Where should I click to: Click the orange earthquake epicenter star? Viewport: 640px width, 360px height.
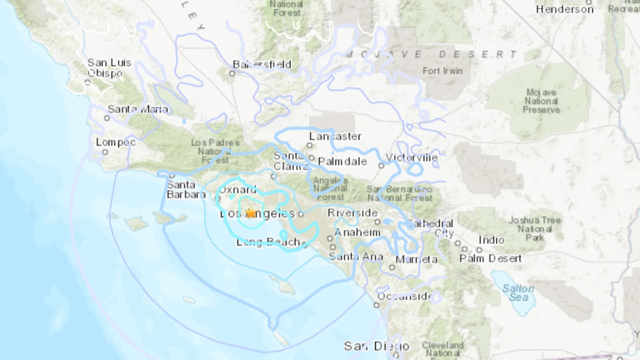[250, 213]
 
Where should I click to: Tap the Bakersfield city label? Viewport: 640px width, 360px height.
[262, 64]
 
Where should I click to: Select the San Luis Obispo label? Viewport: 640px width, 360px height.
[109, 68]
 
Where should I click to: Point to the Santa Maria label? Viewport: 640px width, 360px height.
[131, 109]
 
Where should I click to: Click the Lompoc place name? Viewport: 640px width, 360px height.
[115, 142]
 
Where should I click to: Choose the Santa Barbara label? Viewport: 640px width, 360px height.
[185, 189]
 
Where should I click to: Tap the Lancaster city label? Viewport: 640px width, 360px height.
[335, 136]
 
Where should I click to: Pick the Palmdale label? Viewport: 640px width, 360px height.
[342, 161]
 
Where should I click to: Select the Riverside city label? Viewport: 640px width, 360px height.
[352, 213]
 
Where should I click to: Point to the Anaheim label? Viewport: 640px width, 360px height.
[357, 232]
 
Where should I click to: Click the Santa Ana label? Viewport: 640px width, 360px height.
[355, 257]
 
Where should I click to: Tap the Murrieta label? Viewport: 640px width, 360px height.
[416, 259]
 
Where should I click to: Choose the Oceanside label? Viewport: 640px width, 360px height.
[405, 296]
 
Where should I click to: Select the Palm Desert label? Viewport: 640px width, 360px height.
[490, 258]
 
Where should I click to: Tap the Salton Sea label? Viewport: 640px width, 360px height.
[518, 293]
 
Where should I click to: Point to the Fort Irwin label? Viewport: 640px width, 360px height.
[442, 71]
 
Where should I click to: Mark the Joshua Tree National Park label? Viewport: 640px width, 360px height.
[535, 228]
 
